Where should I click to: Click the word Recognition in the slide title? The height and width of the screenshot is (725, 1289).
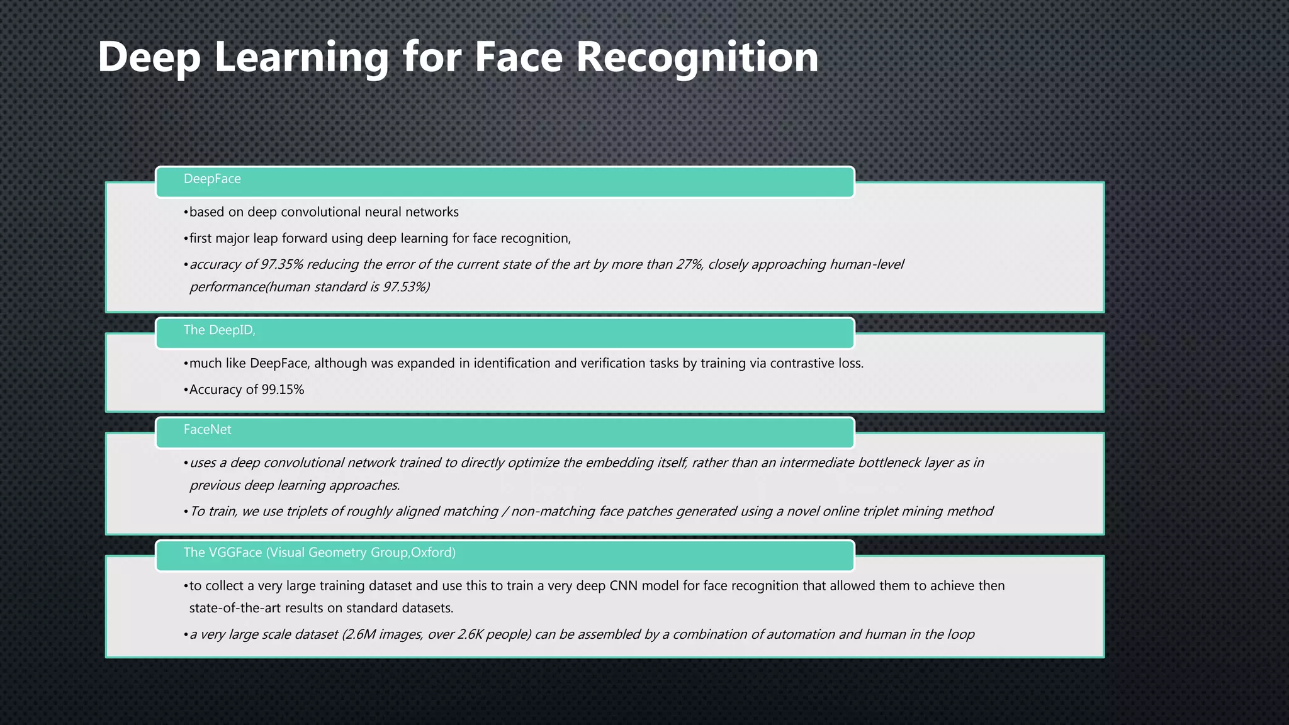[697, 57]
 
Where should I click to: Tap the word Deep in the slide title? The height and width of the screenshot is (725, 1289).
[149, 57]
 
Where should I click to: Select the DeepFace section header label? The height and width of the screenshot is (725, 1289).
[212, 179]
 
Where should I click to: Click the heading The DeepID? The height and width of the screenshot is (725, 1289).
[219, 330]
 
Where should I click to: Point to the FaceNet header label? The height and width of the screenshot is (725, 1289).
[207, 429]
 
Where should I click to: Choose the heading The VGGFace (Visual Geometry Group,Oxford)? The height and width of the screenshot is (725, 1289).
[319, 553]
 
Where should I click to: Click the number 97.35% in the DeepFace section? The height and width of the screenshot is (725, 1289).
[282, 264]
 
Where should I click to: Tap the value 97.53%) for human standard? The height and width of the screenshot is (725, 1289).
[406, 287]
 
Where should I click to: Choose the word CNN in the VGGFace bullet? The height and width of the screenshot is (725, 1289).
[624, 586]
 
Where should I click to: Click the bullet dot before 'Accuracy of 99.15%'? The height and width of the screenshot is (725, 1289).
[186, 390]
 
